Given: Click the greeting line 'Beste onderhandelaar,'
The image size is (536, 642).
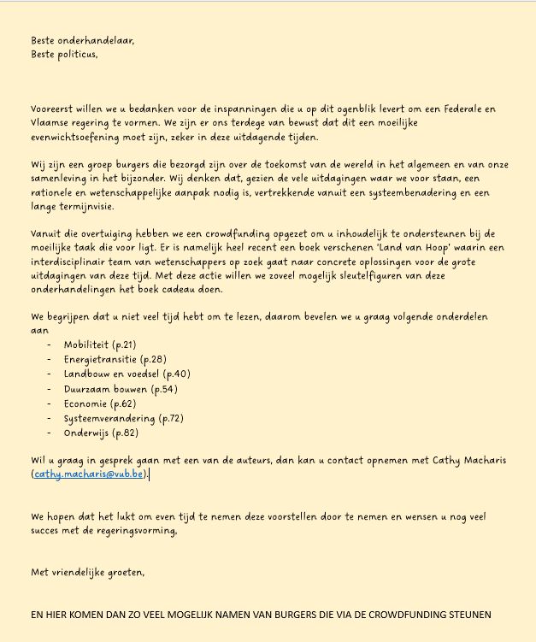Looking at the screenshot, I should [83, 40].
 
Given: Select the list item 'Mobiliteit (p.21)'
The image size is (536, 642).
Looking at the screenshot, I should [100, 344].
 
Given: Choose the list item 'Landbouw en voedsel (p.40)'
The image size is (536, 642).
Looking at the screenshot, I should [127, 374].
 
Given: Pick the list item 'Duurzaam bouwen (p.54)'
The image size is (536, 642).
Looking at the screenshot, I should [121, 389].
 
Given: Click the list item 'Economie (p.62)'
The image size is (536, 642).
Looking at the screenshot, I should [100, 403].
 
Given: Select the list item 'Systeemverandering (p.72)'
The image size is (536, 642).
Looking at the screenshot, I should [123, 418].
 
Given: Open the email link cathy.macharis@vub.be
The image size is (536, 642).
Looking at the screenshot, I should [89, 474].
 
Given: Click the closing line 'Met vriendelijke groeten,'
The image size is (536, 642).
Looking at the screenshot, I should [88, 572].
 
